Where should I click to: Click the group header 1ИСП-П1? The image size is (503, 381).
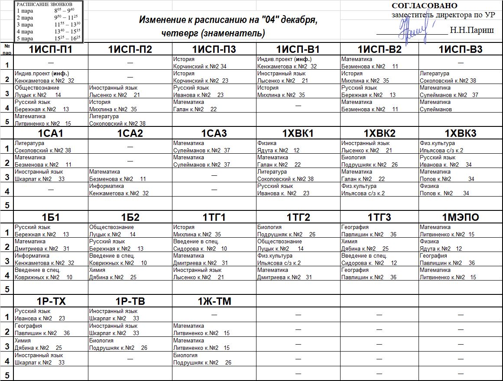(51, 49)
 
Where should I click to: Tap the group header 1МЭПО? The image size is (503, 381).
(460, 217)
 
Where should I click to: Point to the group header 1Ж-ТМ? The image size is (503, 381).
(214, 301)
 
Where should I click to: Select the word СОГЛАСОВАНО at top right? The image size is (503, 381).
(424, 6)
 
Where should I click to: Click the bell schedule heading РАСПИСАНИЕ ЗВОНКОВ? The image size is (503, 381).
(42, 4)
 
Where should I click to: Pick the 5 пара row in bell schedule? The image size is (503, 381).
(48, 38)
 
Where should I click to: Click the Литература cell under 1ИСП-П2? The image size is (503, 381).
(130, 120)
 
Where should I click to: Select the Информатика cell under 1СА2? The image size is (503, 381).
(130, 190)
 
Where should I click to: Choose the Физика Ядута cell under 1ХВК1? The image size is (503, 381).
(298, 147)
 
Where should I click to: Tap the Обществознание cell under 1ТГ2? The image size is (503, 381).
(298, 245)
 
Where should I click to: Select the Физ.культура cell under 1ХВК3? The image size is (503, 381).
(460, 147)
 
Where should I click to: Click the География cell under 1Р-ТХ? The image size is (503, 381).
(51, 329)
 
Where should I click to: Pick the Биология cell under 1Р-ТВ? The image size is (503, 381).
(130, 344)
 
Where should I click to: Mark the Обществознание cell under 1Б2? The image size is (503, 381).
(130, 231)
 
